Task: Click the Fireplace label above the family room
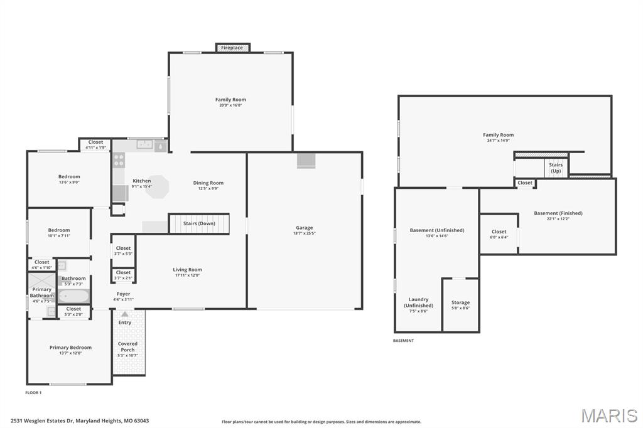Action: [x=232, y=48]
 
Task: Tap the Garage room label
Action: [x=305, y=228]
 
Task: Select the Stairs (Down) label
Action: [x=198, y=223]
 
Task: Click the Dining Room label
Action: [x=208, y=183]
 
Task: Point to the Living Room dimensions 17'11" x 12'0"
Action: [x=187, y=276]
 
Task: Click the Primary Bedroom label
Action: [x=70, y=348]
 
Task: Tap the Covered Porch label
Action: [x=127, y=346]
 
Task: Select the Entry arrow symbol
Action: [x=125, y=314]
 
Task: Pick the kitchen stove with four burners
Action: [x=119, y=160]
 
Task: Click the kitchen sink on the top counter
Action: [x=146, y=145]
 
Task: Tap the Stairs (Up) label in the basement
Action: [x=556, y=168]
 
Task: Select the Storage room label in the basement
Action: [x=460, y=302]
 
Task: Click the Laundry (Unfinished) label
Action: [x=418, y=302]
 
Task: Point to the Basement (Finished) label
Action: [x=558, y=213]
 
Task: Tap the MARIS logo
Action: [x=608, y=415]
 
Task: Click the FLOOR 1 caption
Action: [x=33, y=393]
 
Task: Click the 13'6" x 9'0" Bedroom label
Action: [x=69, y=177]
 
